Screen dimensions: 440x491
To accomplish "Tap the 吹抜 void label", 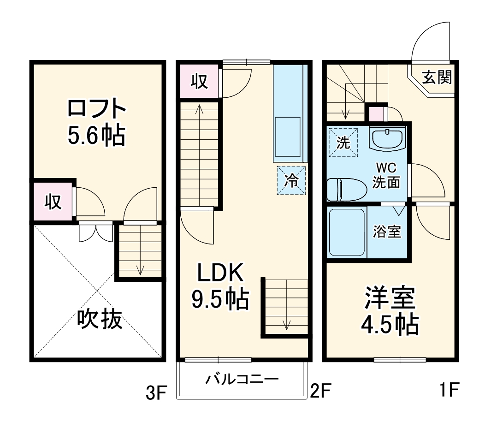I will pos(99,319).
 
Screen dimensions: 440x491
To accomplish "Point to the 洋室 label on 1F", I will pos(390,297).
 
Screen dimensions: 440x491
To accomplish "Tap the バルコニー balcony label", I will pos(242,380).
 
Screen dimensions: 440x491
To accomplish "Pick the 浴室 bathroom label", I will pos(387,232).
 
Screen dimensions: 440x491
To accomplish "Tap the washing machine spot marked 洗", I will pos(343,142).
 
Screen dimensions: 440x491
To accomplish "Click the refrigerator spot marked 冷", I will pos(291,180).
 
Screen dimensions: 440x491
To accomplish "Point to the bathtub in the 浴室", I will pos(347,233).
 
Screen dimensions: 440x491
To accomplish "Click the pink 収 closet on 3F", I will pos(53,202).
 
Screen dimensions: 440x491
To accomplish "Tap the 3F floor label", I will pos(155,393).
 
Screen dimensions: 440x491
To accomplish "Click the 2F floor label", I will pos(321,392).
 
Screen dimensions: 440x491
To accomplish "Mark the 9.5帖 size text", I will pos(220,300).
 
